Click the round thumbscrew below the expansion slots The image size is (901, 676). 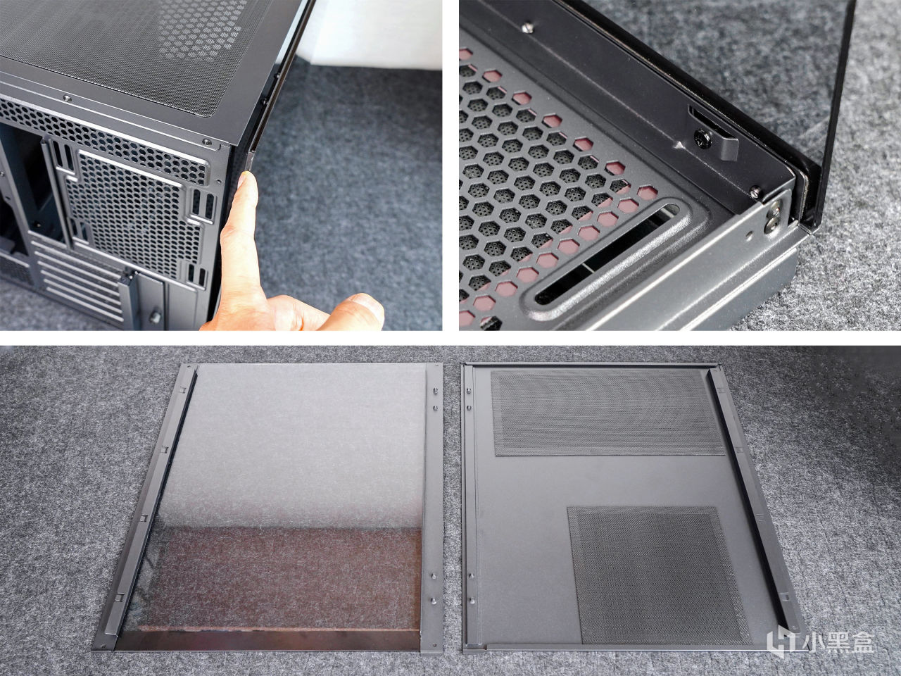click(155, 317)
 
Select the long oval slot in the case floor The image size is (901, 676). click(612, 252)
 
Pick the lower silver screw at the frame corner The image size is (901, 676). click(770, 225)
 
